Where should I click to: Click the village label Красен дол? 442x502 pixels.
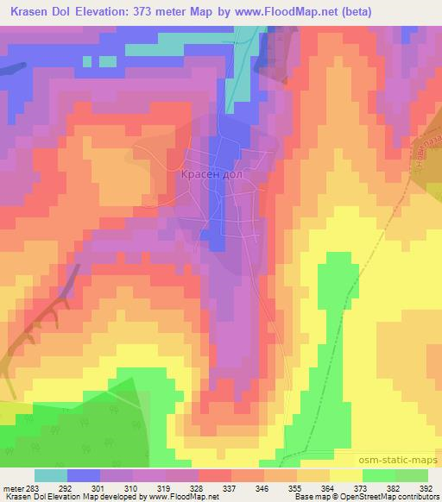(x=213, y=174)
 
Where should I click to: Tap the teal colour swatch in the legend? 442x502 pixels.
(x=50, y=474)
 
